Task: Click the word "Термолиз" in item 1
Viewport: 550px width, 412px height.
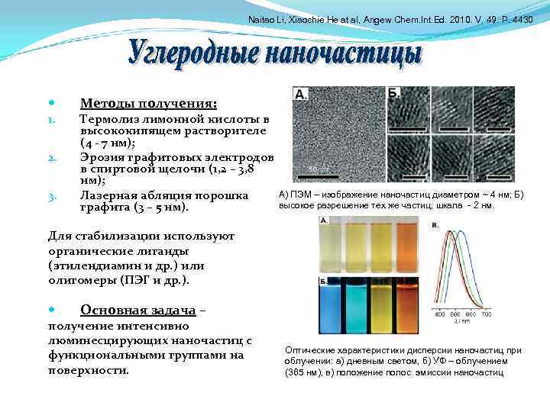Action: [113, 120]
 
